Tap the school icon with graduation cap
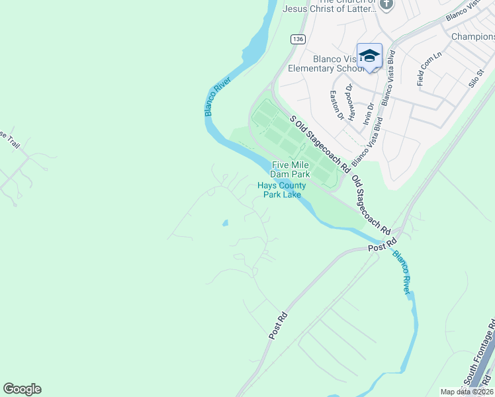point(369,56)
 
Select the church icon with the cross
point(387,5)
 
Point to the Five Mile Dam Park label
point(290,169)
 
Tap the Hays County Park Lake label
point(279,190)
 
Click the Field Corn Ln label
point(429,69)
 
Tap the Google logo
point(22,389)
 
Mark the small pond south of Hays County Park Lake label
point(225,223)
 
